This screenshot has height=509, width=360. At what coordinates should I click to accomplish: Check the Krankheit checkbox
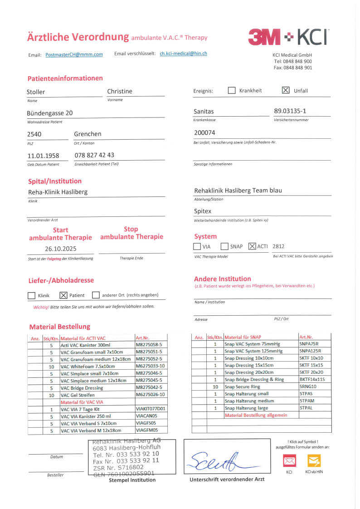click(232, 90)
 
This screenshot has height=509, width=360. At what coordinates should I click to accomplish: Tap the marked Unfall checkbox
click(285, 90)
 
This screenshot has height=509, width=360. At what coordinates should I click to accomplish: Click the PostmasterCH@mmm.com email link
click(74, 54)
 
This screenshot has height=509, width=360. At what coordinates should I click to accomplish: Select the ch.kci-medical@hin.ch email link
click(183, 53)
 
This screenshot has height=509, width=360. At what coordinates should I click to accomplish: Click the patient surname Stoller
click(36, 92)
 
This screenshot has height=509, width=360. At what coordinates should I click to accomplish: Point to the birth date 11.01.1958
click(44, 156)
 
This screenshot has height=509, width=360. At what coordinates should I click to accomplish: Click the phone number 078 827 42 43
click(94, 155)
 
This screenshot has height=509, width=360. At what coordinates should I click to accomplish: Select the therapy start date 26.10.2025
click(61, 249)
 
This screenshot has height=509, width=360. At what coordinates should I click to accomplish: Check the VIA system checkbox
click(197, 246)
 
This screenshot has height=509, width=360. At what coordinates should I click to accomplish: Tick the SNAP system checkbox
click(224, 246)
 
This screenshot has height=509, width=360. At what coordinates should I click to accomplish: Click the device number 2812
click(279, 246)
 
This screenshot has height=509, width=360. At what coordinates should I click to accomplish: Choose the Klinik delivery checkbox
click(32, 295)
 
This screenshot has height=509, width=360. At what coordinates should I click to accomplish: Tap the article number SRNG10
click(308, 387)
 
